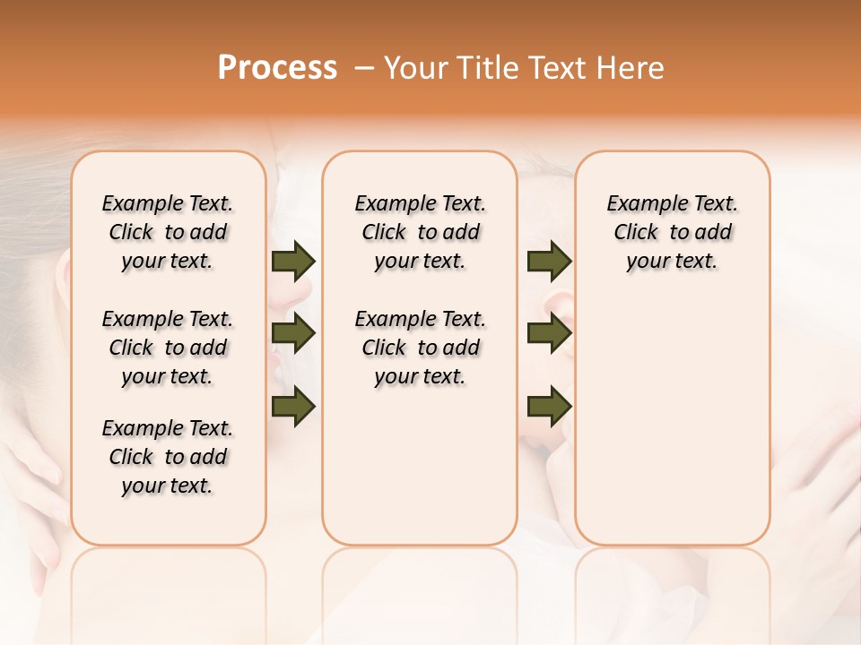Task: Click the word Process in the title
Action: coord(277,68)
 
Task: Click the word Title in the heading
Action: coord(480,68)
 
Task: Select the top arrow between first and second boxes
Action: coord(293,262)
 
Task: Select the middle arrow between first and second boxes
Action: coord(293,334)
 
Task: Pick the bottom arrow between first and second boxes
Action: coord(293,407)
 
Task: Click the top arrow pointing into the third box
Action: coord(549,262)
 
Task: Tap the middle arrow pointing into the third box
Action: coord(549,334)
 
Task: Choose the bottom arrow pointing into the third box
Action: coord(549,407)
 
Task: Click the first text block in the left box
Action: coord(168,232)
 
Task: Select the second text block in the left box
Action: coord(168,348)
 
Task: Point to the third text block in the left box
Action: coord(168,457)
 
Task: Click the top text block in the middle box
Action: coord(420,232)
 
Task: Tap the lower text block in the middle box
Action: coord(420,348)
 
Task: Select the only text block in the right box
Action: coord(672,232)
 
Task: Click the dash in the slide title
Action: coord(363,68)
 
